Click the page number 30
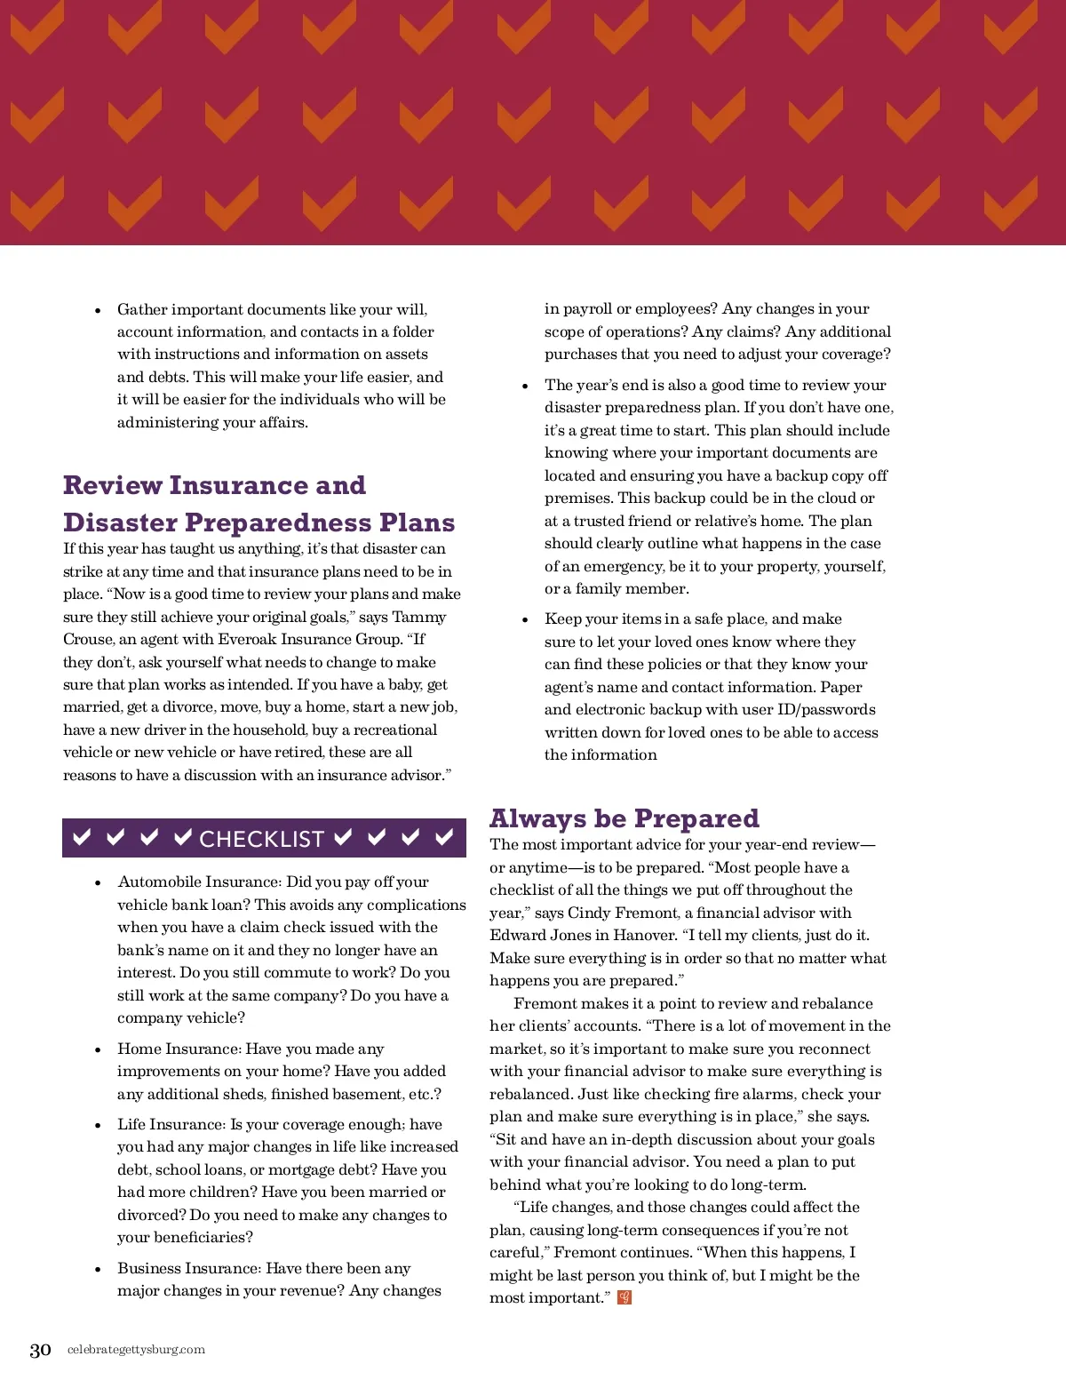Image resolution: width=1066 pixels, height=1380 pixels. coord(40,1351)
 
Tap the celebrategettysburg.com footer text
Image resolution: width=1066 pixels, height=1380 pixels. coord(136,1350)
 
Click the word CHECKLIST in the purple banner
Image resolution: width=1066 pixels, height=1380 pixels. coord(262,840)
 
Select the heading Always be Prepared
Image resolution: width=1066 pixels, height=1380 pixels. coord(624,818)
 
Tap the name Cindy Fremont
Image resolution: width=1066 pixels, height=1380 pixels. coord(621,913)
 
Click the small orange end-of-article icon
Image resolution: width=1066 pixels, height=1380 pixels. coord(624,1297)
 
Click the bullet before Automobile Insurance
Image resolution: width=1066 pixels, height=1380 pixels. coord(98,883)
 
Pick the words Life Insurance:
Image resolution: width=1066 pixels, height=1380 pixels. coord(172,1124)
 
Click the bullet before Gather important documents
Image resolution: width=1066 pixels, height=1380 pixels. coord(98,311)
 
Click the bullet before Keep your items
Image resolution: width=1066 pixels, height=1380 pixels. coord(525,620)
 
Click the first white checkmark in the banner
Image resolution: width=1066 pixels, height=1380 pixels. coord(82,837)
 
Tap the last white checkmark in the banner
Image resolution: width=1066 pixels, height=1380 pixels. coord(444,837)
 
